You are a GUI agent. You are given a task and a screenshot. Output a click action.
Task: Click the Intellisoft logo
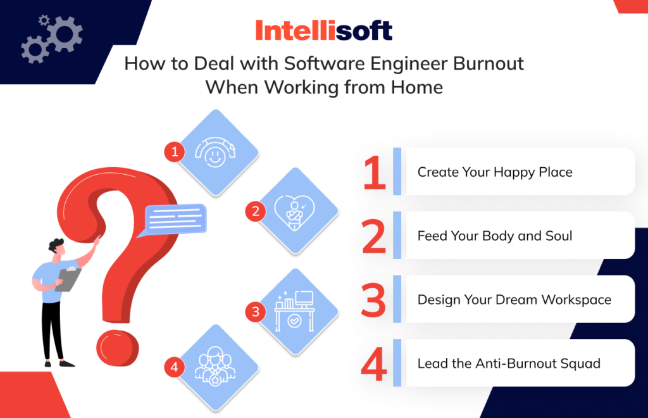click(x=324, y=30)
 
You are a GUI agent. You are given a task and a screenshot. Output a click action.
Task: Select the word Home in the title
click(x=416, y=87)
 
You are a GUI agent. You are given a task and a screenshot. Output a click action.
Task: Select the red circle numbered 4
click(x=174, y=366)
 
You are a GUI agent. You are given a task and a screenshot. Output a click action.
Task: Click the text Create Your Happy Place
click(x=494, y=172)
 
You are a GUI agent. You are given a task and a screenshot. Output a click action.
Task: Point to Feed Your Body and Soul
click(x=494, y=236)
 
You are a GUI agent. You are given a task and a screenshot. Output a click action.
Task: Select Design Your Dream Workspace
click(x=514, y=299)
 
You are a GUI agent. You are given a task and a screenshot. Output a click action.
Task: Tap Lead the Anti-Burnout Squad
click(x=508, y=364)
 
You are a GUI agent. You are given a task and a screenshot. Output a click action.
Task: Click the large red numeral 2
click(x=374, y=236)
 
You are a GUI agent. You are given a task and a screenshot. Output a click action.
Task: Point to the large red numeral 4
click(x=374, y=364)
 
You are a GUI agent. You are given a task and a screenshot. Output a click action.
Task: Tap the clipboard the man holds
click(x=68, y=279)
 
